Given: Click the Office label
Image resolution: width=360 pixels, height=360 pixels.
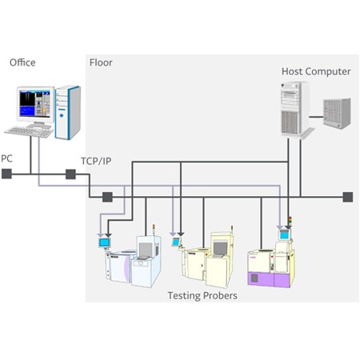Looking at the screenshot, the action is tap(22, 62).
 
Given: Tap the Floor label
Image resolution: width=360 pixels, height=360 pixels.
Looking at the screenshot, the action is tap(101, 62).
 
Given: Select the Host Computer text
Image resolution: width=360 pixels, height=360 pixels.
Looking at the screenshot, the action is tap(316, 71).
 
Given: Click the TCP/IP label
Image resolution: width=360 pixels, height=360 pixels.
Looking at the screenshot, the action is tap(96, 161).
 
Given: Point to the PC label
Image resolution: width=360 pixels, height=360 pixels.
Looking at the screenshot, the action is tap(6, 158).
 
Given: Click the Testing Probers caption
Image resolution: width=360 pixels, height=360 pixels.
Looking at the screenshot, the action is tap(202, 296).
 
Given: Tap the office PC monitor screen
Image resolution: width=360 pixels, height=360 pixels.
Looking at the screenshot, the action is tap(35, 104).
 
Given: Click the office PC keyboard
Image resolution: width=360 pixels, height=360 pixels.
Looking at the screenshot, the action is tap(29, 132).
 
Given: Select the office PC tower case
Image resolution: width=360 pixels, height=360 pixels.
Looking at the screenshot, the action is tap(68, 113).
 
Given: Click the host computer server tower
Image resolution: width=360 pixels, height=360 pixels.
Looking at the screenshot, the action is tap(296, 110).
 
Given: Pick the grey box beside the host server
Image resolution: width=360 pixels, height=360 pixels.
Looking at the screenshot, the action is tap(337, 114).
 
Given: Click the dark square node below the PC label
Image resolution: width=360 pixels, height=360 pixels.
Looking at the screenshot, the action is tap(6, 174).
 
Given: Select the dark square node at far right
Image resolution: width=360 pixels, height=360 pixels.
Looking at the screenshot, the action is tap(348, 197).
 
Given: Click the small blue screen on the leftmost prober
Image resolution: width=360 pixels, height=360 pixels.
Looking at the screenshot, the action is tap(104, 242).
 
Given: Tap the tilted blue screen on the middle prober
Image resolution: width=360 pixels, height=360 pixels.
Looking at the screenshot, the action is tap(176, 242).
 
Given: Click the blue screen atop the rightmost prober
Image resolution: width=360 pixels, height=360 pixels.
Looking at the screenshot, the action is tap(284, 234).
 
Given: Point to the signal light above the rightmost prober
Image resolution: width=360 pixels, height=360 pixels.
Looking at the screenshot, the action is tap(290, 221).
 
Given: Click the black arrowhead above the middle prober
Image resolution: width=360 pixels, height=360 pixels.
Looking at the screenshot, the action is tap(181, 234).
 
